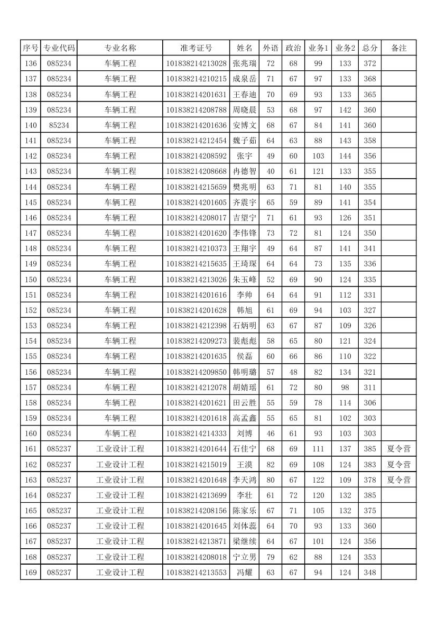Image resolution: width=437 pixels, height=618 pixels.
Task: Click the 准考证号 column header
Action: click(196, 48)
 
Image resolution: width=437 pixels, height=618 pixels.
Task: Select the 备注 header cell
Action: click(398, 48)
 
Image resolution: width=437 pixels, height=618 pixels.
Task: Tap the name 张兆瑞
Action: click(244, 63)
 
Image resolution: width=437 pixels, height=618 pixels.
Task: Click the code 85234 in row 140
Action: click(59, 125)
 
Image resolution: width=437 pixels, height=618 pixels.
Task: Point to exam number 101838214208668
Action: click(196, 171)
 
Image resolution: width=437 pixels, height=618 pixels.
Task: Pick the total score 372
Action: click(369, 63)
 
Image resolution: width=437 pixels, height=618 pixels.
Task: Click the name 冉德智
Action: click(244, 171)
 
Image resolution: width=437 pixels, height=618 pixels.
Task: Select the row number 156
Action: click(31, 372)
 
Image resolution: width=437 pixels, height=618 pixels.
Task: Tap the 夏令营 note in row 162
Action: click(398, 465)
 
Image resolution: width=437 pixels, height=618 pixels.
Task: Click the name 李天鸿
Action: click(244, 480)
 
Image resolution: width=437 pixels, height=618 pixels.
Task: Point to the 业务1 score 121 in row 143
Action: click(318, 171)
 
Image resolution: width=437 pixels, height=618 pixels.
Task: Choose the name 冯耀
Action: click(244, 573)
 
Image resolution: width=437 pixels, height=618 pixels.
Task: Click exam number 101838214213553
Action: click(196, 573)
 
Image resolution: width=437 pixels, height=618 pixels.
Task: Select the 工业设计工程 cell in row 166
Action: click(120, 526)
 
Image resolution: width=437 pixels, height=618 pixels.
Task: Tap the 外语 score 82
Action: click(271, 465)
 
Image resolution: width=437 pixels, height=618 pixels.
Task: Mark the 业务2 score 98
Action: click(345, 388)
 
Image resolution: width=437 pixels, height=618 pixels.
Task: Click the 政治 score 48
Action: click(293, 372)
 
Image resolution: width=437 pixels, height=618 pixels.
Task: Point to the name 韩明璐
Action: click(244, 372)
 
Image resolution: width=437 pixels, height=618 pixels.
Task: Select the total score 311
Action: click(369, 388)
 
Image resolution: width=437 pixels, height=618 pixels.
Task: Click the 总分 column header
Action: click(369, 48)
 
